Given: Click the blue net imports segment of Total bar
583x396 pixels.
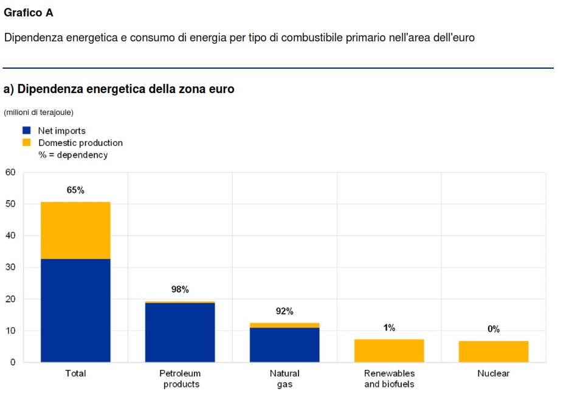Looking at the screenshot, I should (75, 310).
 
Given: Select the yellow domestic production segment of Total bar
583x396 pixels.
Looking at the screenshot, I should (75, 230).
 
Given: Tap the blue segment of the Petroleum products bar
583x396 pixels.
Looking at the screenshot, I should (180, 332).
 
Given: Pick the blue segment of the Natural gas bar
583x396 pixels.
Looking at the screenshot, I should (285, 344).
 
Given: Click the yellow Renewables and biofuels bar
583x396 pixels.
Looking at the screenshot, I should (389, 350).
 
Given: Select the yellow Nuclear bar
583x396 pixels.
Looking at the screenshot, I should (494, 351).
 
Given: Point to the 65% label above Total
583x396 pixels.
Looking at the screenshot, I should (75, 190).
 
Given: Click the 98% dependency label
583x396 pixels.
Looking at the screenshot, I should (180, 290).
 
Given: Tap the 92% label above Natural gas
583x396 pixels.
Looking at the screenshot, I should (285, 311).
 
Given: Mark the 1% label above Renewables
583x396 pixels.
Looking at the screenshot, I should (389, 328).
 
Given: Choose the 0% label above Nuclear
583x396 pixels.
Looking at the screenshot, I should (494, 329).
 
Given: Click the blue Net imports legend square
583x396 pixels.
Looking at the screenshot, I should (26, 130).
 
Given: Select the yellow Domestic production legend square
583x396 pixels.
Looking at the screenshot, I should (26, 142).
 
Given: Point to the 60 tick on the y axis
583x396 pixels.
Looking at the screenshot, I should (10, 172).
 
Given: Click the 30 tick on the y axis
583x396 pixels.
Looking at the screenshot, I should (10, 267).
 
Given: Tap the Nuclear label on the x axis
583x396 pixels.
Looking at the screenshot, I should (494, 373).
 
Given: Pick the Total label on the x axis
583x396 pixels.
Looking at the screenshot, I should (75, 373).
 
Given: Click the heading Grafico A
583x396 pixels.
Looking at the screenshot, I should (29, 13).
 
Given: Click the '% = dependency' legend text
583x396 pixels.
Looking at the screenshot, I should (73, 155).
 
